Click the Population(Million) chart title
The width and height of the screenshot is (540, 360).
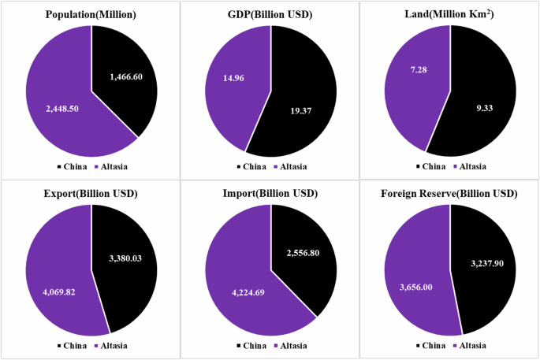click(x=91, y=15)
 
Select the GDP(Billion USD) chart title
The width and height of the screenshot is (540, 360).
click(x=270, y=15)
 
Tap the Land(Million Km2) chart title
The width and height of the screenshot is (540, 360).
click(x=450, y=15)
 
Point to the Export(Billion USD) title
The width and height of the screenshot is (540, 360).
click(x=91, y=193)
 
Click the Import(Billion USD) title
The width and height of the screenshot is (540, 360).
click(x=270, y=193)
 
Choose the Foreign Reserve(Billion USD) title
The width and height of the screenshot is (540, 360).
click(x=450, y=193)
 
